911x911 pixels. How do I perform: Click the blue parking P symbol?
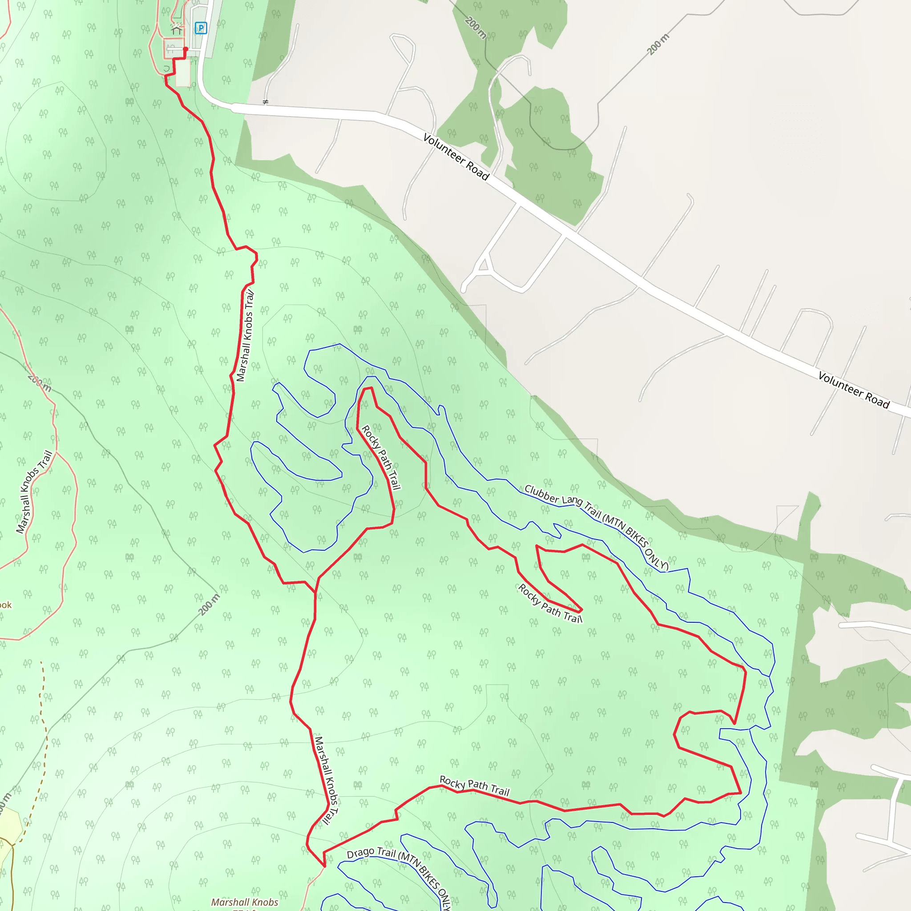pyautogui.click(x=201, y=28)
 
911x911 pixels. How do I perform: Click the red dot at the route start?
pyautogui.click(x=185, y=49)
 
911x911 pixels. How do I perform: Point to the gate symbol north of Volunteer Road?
pyautogui.click(x=266, y=102)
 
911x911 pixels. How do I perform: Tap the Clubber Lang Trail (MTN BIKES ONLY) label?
pyautogui.click(x=597, y=527)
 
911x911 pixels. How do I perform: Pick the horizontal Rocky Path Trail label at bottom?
pyautogui.click(x=474, y=786)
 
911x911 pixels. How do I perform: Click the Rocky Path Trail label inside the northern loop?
pyautogui.click(x=381, y=457)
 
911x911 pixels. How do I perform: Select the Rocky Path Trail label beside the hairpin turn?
pyautogui.click(x=550, y=604)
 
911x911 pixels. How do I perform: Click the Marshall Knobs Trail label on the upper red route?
pyautogui.click(x=245, y=336)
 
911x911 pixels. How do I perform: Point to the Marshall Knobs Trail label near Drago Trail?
pyautogui.click(x=327, y=780)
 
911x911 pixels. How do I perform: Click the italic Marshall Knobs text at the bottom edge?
pyautogui.click(x=244, y=902)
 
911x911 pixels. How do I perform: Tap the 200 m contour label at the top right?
pyautogui.click(x=658, y=44)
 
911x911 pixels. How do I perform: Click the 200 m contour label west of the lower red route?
pyautogui.click(x=209, y=605)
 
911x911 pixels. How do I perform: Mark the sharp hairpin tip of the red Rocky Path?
pyautogui.click(x=581, y=610)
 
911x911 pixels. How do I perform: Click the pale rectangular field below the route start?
pyautogui.click(x=183, y=73)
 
